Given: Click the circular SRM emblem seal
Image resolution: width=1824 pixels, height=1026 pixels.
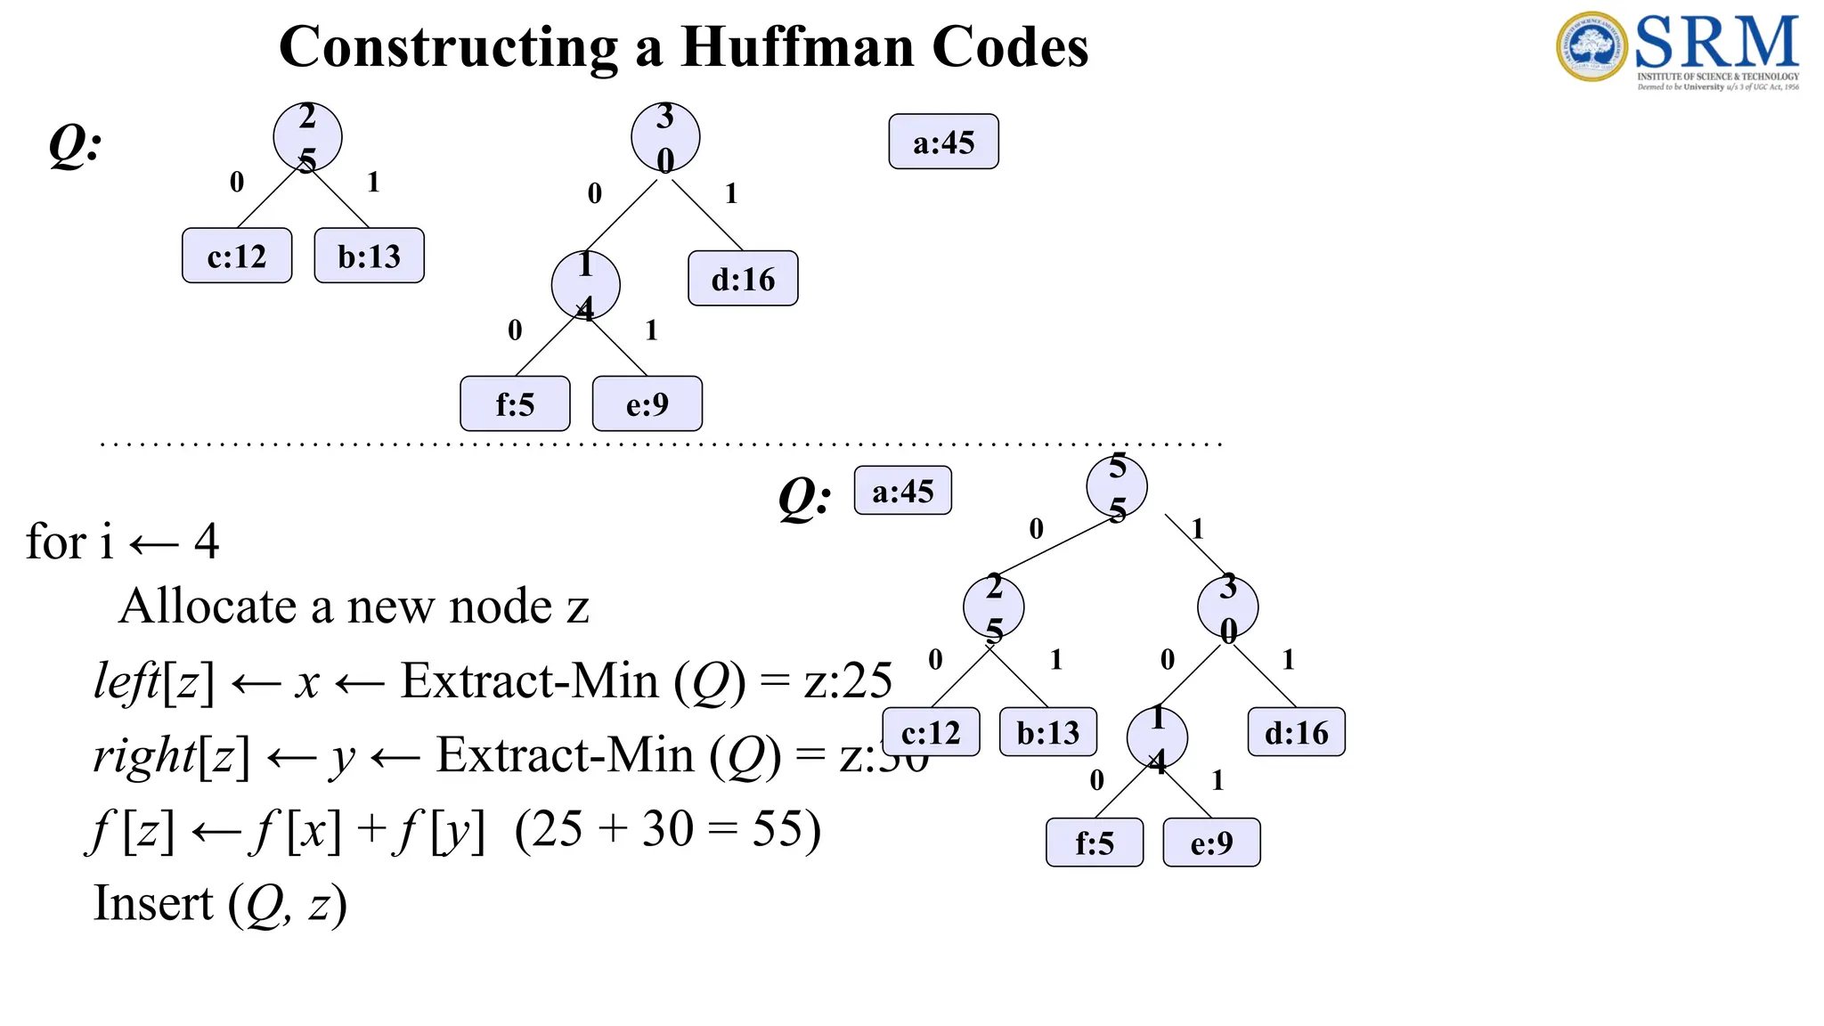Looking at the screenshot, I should click(1592, 46).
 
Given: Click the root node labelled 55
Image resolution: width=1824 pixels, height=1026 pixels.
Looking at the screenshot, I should click(1117, 487).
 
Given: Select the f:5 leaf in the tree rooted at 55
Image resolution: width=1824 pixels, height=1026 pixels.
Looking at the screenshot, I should click(1095, 843).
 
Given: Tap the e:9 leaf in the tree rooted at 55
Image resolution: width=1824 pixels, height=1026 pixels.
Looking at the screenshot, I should click(1211, 843).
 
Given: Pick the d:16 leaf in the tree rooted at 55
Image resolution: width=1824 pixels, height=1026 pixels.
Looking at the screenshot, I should click(1296, 732).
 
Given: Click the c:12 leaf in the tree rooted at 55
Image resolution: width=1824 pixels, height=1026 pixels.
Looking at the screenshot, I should click(931, 732).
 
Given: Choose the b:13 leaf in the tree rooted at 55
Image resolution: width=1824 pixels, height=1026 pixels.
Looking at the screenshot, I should click(1047, 732).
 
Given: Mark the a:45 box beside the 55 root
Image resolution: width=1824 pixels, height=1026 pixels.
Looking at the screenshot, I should click(902, 491).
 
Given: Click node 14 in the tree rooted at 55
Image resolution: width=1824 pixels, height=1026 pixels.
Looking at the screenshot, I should click(1157, 738).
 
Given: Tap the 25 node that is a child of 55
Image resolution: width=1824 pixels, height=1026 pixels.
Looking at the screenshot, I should click(994, 608).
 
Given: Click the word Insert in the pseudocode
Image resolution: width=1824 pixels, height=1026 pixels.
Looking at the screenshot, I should click(153, 903).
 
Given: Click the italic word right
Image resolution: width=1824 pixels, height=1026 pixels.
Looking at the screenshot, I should click(144, 756).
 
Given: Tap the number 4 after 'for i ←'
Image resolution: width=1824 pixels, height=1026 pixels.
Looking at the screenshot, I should click(207, 541).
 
